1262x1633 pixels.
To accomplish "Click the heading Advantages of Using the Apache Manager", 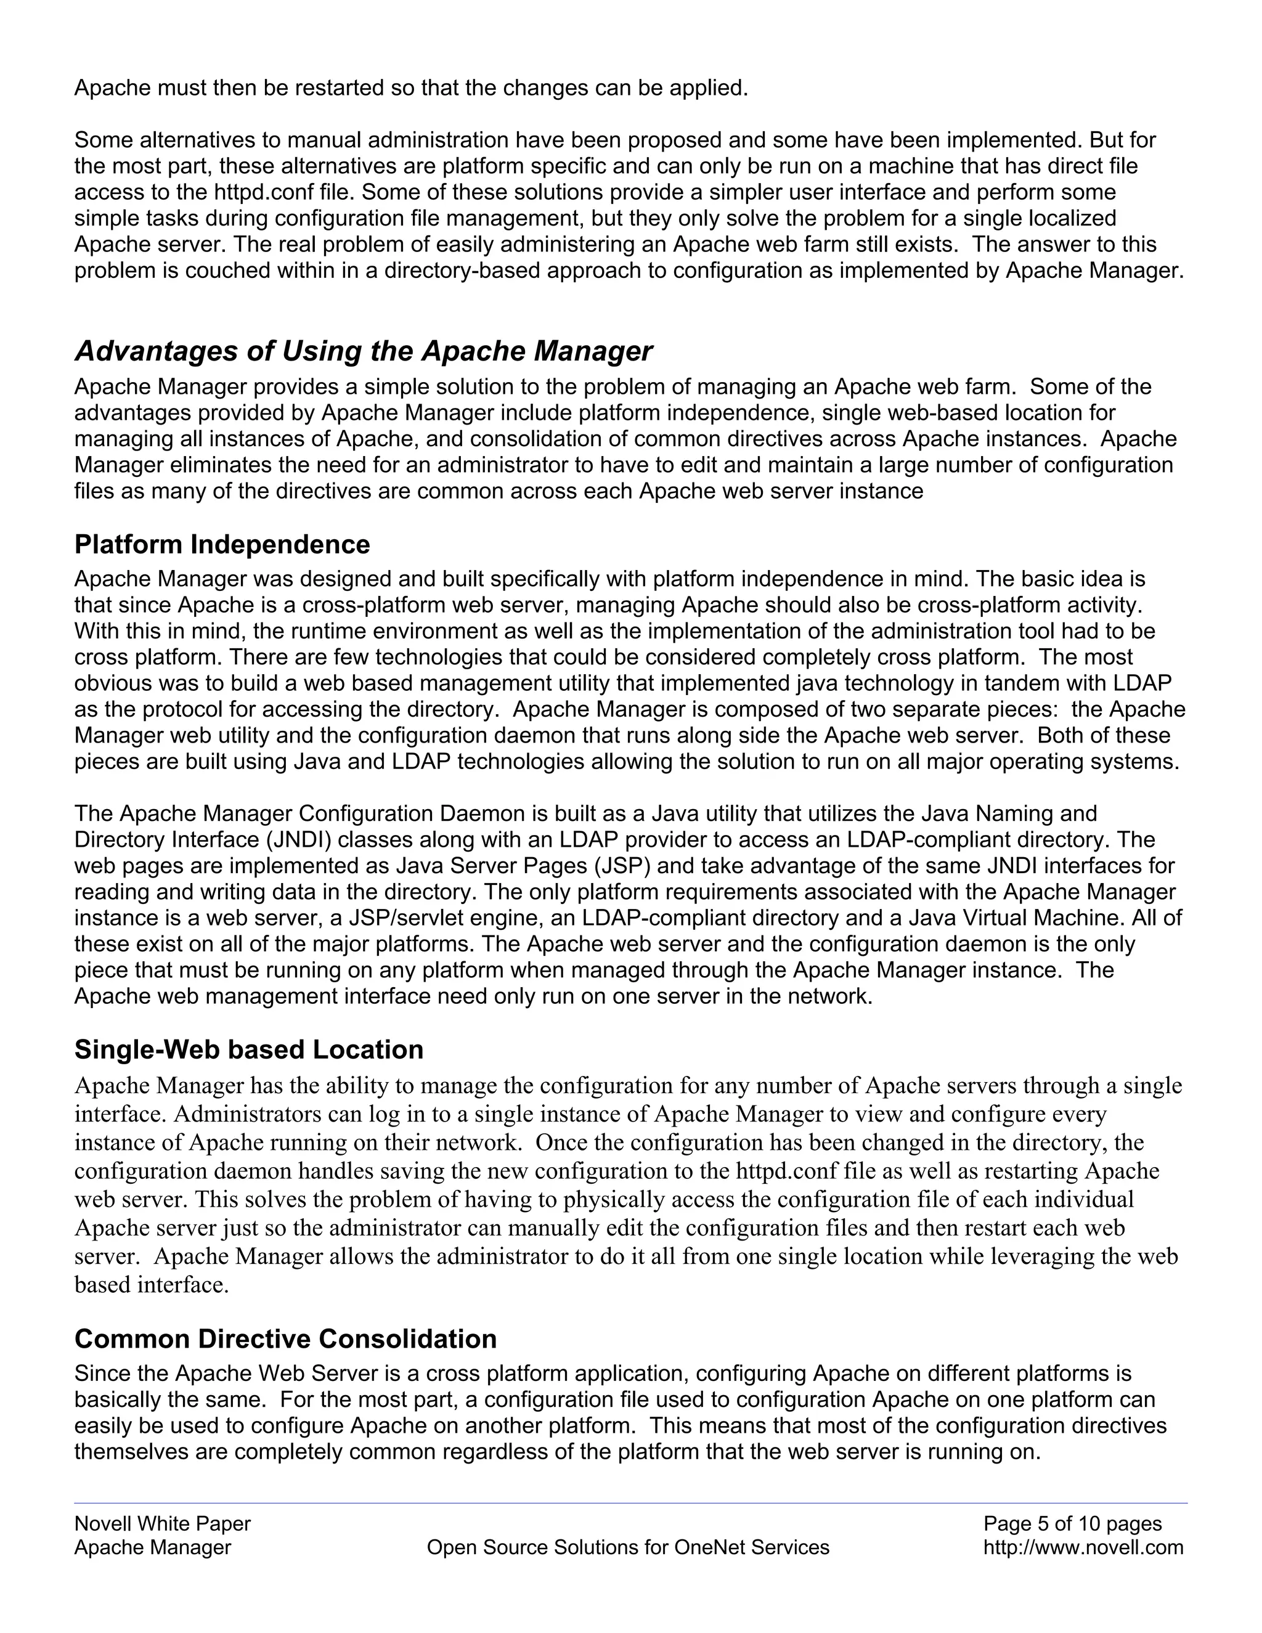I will point(364,351).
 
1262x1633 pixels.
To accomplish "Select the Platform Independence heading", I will point(222,544).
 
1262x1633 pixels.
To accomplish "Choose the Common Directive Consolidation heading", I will point(285,1338).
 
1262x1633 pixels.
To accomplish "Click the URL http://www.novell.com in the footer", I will point(1083,1547).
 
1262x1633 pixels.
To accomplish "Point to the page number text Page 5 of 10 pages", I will point(1072,1523).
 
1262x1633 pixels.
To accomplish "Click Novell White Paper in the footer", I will point(162,1523).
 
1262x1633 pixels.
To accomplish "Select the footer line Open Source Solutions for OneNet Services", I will point(628,1547).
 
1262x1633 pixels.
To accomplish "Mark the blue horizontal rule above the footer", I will point(630,1503).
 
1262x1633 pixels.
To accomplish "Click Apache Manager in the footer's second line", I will point(153,1547).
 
